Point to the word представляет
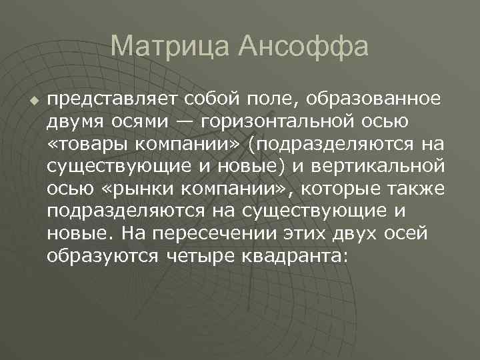(107, 100)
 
